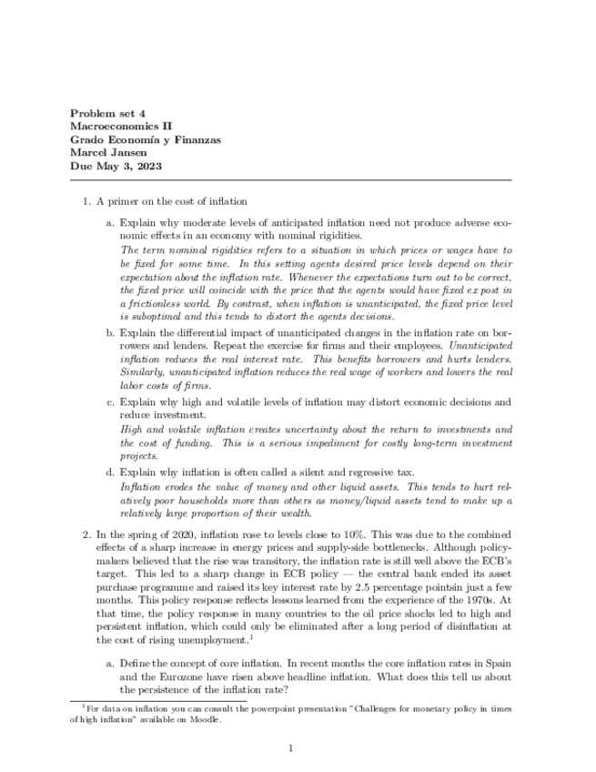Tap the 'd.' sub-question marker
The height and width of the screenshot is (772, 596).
110,472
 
